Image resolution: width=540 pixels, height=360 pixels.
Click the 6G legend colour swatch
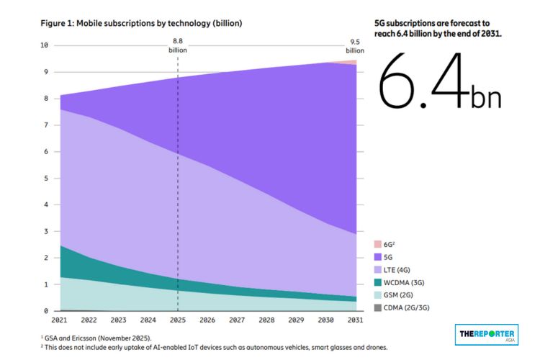(378, 244)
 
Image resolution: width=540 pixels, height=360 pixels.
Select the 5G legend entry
(383, 257)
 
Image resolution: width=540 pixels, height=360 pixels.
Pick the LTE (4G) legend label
(397, 270)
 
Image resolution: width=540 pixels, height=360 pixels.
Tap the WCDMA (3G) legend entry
(400, 282)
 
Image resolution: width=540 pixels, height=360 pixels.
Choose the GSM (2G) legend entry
(394, 295)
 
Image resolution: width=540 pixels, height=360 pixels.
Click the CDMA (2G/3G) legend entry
(402, 307)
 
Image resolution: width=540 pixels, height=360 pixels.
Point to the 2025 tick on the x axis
(178, 320)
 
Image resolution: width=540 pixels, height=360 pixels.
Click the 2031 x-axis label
(356, 320)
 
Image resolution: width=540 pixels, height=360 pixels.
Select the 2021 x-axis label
(59, 320)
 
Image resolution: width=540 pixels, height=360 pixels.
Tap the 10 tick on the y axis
(44, 45)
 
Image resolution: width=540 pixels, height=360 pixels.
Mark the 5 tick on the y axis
(46, 178)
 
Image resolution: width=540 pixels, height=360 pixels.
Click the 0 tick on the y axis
(46, 311)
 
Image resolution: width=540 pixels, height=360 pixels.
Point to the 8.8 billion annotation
(178, 45)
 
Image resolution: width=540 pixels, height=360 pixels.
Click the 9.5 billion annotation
(355, 46)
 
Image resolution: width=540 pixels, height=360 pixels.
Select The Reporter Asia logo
(487, 335)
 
